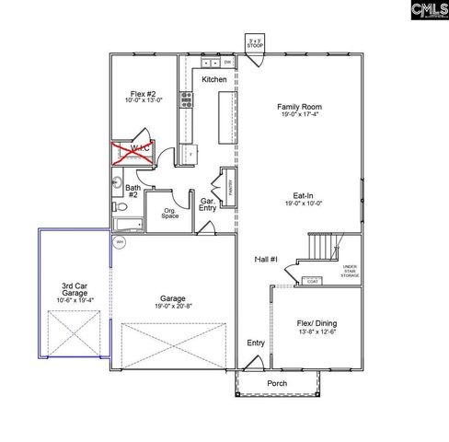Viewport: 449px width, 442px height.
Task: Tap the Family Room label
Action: coord(300,108)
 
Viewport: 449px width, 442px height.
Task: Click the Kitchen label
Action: coord(214,80)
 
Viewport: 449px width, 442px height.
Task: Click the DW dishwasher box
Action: coord(227,63)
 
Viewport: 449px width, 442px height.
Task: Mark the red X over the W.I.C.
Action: coord(131,152)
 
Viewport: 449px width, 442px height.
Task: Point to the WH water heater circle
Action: coord(120,243)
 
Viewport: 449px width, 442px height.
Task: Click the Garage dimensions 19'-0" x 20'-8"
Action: coord(173,308)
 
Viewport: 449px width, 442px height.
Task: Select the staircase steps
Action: coord(319,247)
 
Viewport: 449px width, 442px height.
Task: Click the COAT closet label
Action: coord(313,280)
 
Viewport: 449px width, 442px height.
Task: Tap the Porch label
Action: coord(277,383)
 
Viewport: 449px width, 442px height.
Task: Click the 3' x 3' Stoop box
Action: coord(255,42)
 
